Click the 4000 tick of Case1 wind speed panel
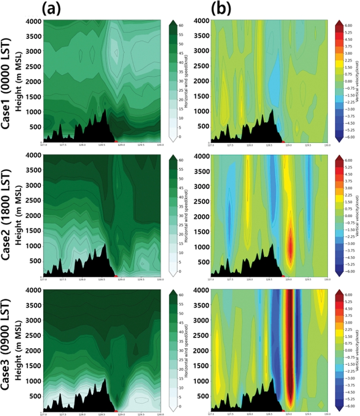[x=32, y=21]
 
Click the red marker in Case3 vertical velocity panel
[x=283, y=411]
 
